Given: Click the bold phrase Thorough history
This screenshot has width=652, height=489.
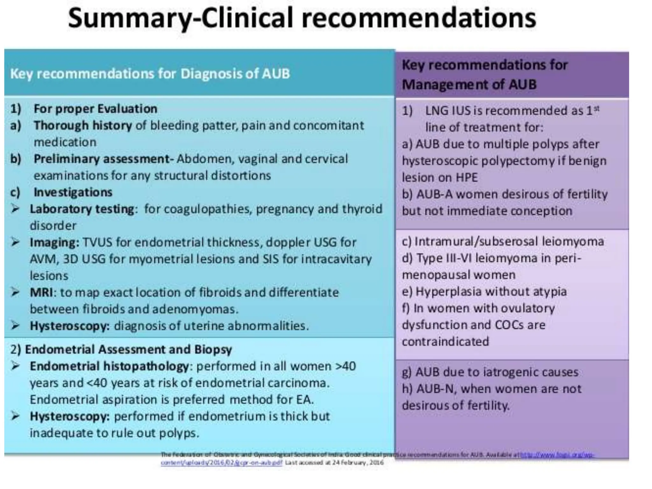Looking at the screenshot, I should pyautogui.click(x=83, y=125).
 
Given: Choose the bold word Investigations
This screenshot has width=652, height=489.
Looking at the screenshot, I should pyautogui.click(x=73, y=192).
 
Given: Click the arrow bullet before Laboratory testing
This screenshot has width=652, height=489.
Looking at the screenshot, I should pyautogui.click(x=15, y=209).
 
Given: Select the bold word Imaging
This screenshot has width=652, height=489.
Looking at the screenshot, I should pyautogui.click(x=54, y=243).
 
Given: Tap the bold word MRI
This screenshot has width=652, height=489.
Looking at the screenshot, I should pyautogui.click(x=41, y=292).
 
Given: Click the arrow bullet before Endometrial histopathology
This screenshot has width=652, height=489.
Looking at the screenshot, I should pyautogui.click(x=15, y=366).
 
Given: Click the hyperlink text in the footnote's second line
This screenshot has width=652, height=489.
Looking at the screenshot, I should pyautogui.click(x=221, y=463).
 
